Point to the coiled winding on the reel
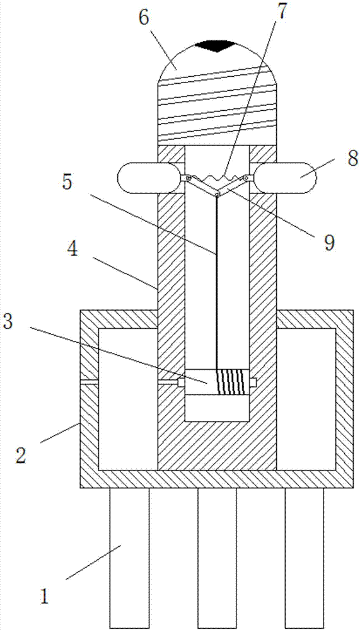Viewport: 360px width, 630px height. click(x=231, y=382)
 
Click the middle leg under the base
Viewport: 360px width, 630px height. click(x=217, y=558)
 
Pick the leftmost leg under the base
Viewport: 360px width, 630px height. click(x=129, y=558)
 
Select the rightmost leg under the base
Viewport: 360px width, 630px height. click(x=305, y=558)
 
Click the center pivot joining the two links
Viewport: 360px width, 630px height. click(x=217, y=195)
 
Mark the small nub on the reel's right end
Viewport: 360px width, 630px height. click(x=253, y=382)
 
